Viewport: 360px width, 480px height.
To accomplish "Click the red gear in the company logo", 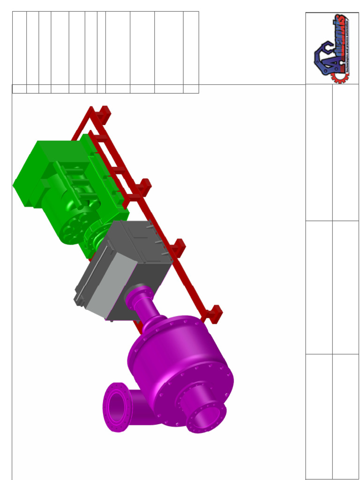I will tap(338, 74).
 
